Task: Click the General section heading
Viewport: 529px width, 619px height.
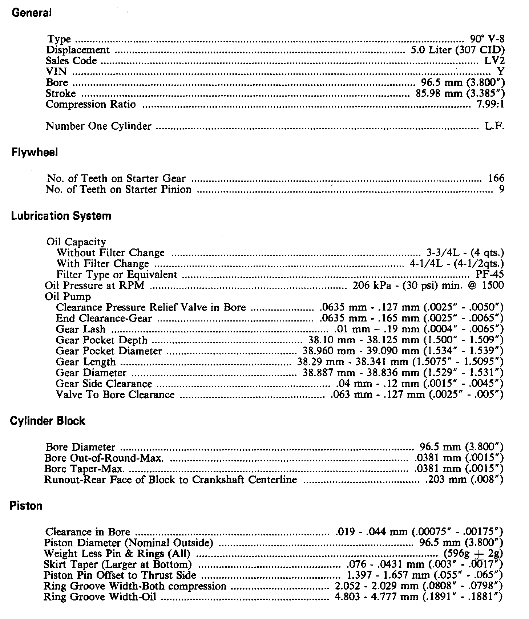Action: point(32,13)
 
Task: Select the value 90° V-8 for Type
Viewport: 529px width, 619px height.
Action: point(487,39)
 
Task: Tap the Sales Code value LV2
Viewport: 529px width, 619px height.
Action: point(495,61)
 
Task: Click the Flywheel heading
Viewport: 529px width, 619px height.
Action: point(35,153)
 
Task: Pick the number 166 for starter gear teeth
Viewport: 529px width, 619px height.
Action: point(496,178)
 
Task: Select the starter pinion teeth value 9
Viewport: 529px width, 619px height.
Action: point(502,189)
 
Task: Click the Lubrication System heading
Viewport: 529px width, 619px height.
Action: point(61,216)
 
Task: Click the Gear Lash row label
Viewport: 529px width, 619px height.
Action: point(81,329)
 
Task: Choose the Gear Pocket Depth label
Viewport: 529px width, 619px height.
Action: point(102,340)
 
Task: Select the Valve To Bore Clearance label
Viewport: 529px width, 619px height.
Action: point(115,395)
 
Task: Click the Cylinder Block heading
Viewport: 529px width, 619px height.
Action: point(47,421)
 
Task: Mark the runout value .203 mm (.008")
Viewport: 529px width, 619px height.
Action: point(464,480)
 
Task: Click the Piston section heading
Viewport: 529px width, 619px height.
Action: point(26,506)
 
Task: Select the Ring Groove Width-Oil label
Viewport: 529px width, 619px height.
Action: point(100,597)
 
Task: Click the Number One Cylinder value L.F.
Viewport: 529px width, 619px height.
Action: point(494,126)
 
